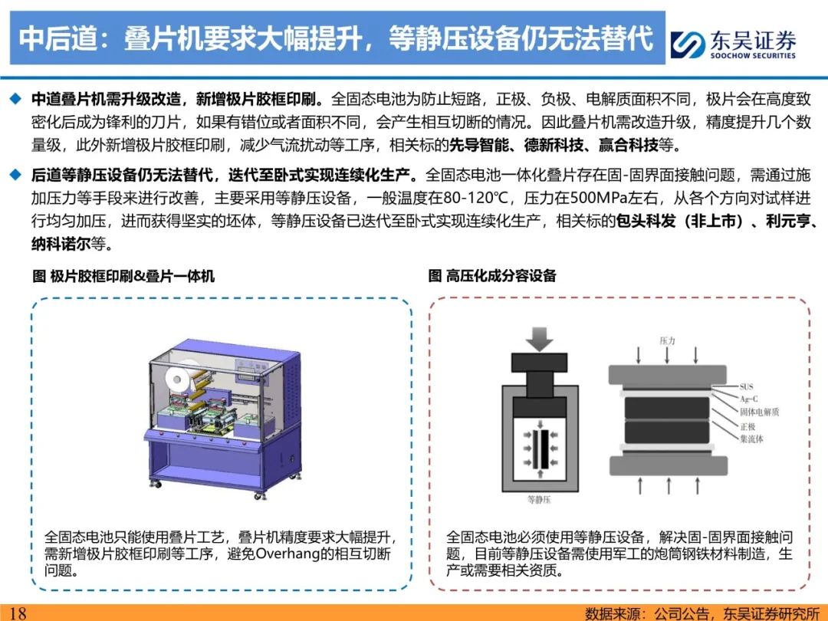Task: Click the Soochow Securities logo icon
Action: [687, 44]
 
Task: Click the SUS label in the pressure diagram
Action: [746, 386]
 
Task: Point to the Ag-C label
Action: [749, 399]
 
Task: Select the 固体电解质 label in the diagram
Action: [759, 412]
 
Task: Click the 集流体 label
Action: [751, 439]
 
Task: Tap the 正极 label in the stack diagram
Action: [747, 426]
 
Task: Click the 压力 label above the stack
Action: [667, 340]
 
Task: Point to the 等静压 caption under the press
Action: [539, 500]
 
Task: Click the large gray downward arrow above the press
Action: [539, 339]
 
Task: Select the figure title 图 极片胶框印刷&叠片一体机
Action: [123, 276]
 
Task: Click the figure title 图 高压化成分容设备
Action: [492, 276]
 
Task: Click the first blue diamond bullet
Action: [16, 99]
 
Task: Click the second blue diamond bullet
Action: [16, 174]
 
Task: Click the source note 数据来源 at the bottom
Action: [612, 613]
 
